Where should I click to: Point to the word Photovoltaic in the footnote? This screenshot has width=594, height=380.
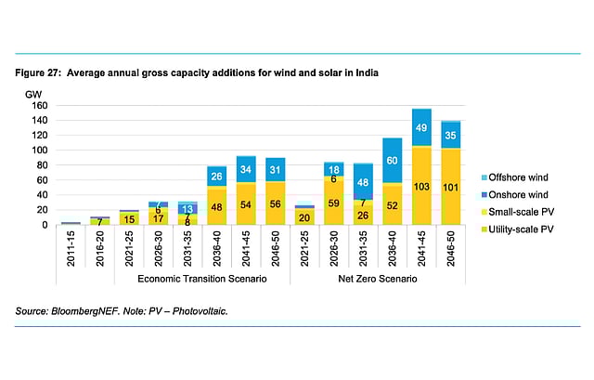tap(198, 311)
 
